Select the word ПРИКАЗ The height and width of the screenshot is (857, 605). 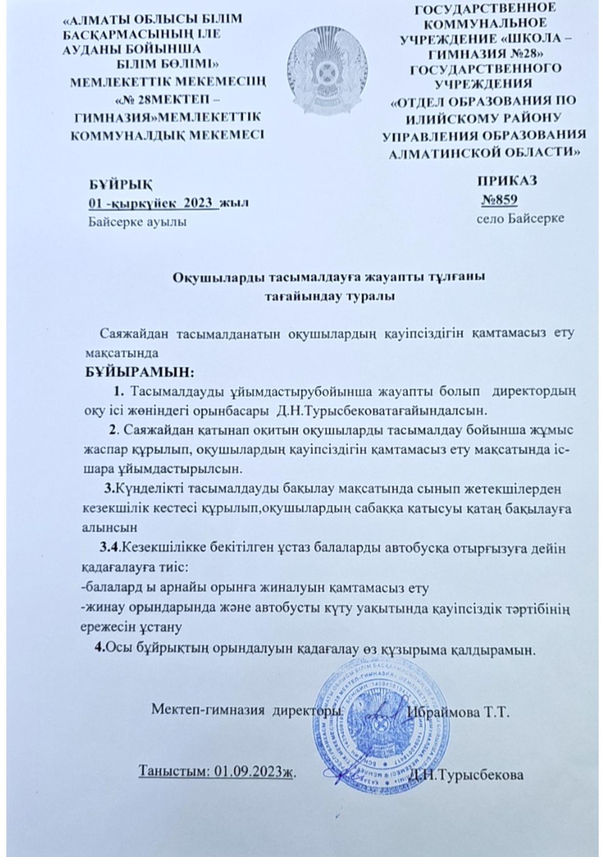click(x=507, y=181)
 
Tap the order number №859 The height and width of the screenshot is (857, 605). click(x=499, y=200)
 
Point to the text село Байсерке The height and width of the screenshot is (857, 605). click(x=520, y=218)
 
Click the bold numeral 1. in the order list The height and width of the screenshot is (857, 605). click(x=119, y=391)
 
